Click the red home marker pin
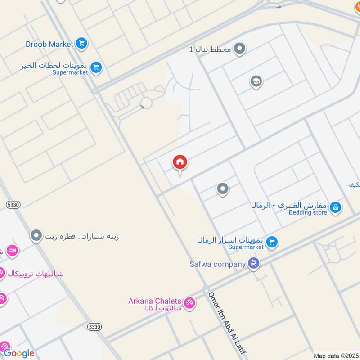pyautogui.click(x=180, y=162)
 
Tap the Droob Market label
pyautogui.click(x=49, y=44)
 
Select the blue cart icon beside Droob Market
pyautogui.click(x=81, y=44)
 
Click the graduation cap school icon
pyautogui.click(x=256, y=82)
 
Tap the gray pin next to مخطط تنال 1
pyautogui.click(x=240, y=48)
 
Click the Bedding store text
pyautogui.click(x=308, y=212)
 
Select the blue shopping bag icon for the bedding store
pyautogui.click(x=335, y=207)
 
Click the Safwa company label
pyautogui.click(x=217, y=264)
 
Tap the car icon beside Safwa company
pyautogui.click(x=254, y=264)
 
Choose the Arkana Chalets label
pyautogui.click(x=155, y=301)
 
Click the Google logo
pyautogui.click(x=19, y=353)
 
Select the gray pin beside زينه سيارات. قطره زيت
pyautogui.click(x=36, y=235)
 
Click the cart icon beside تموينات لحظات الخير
pyautogui.click(x=96, y=68)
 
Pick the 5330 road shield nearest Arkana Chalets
pyautogui.click(x=95, y=326)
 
